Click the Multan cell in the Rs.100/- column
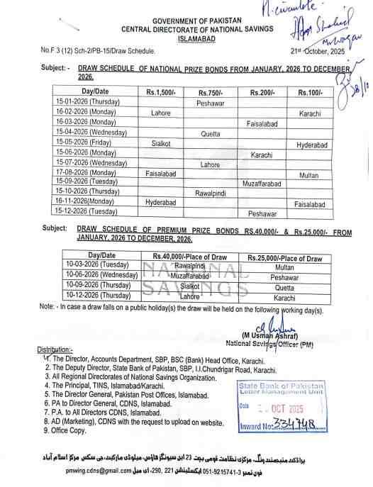(x=308, y=174)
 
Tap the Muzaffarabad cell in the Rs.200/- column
(x=262, y=184)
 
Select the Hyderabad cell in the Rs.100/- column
(x=311, y=143)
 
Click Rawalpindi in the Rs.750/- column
(x=213, y=193)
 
